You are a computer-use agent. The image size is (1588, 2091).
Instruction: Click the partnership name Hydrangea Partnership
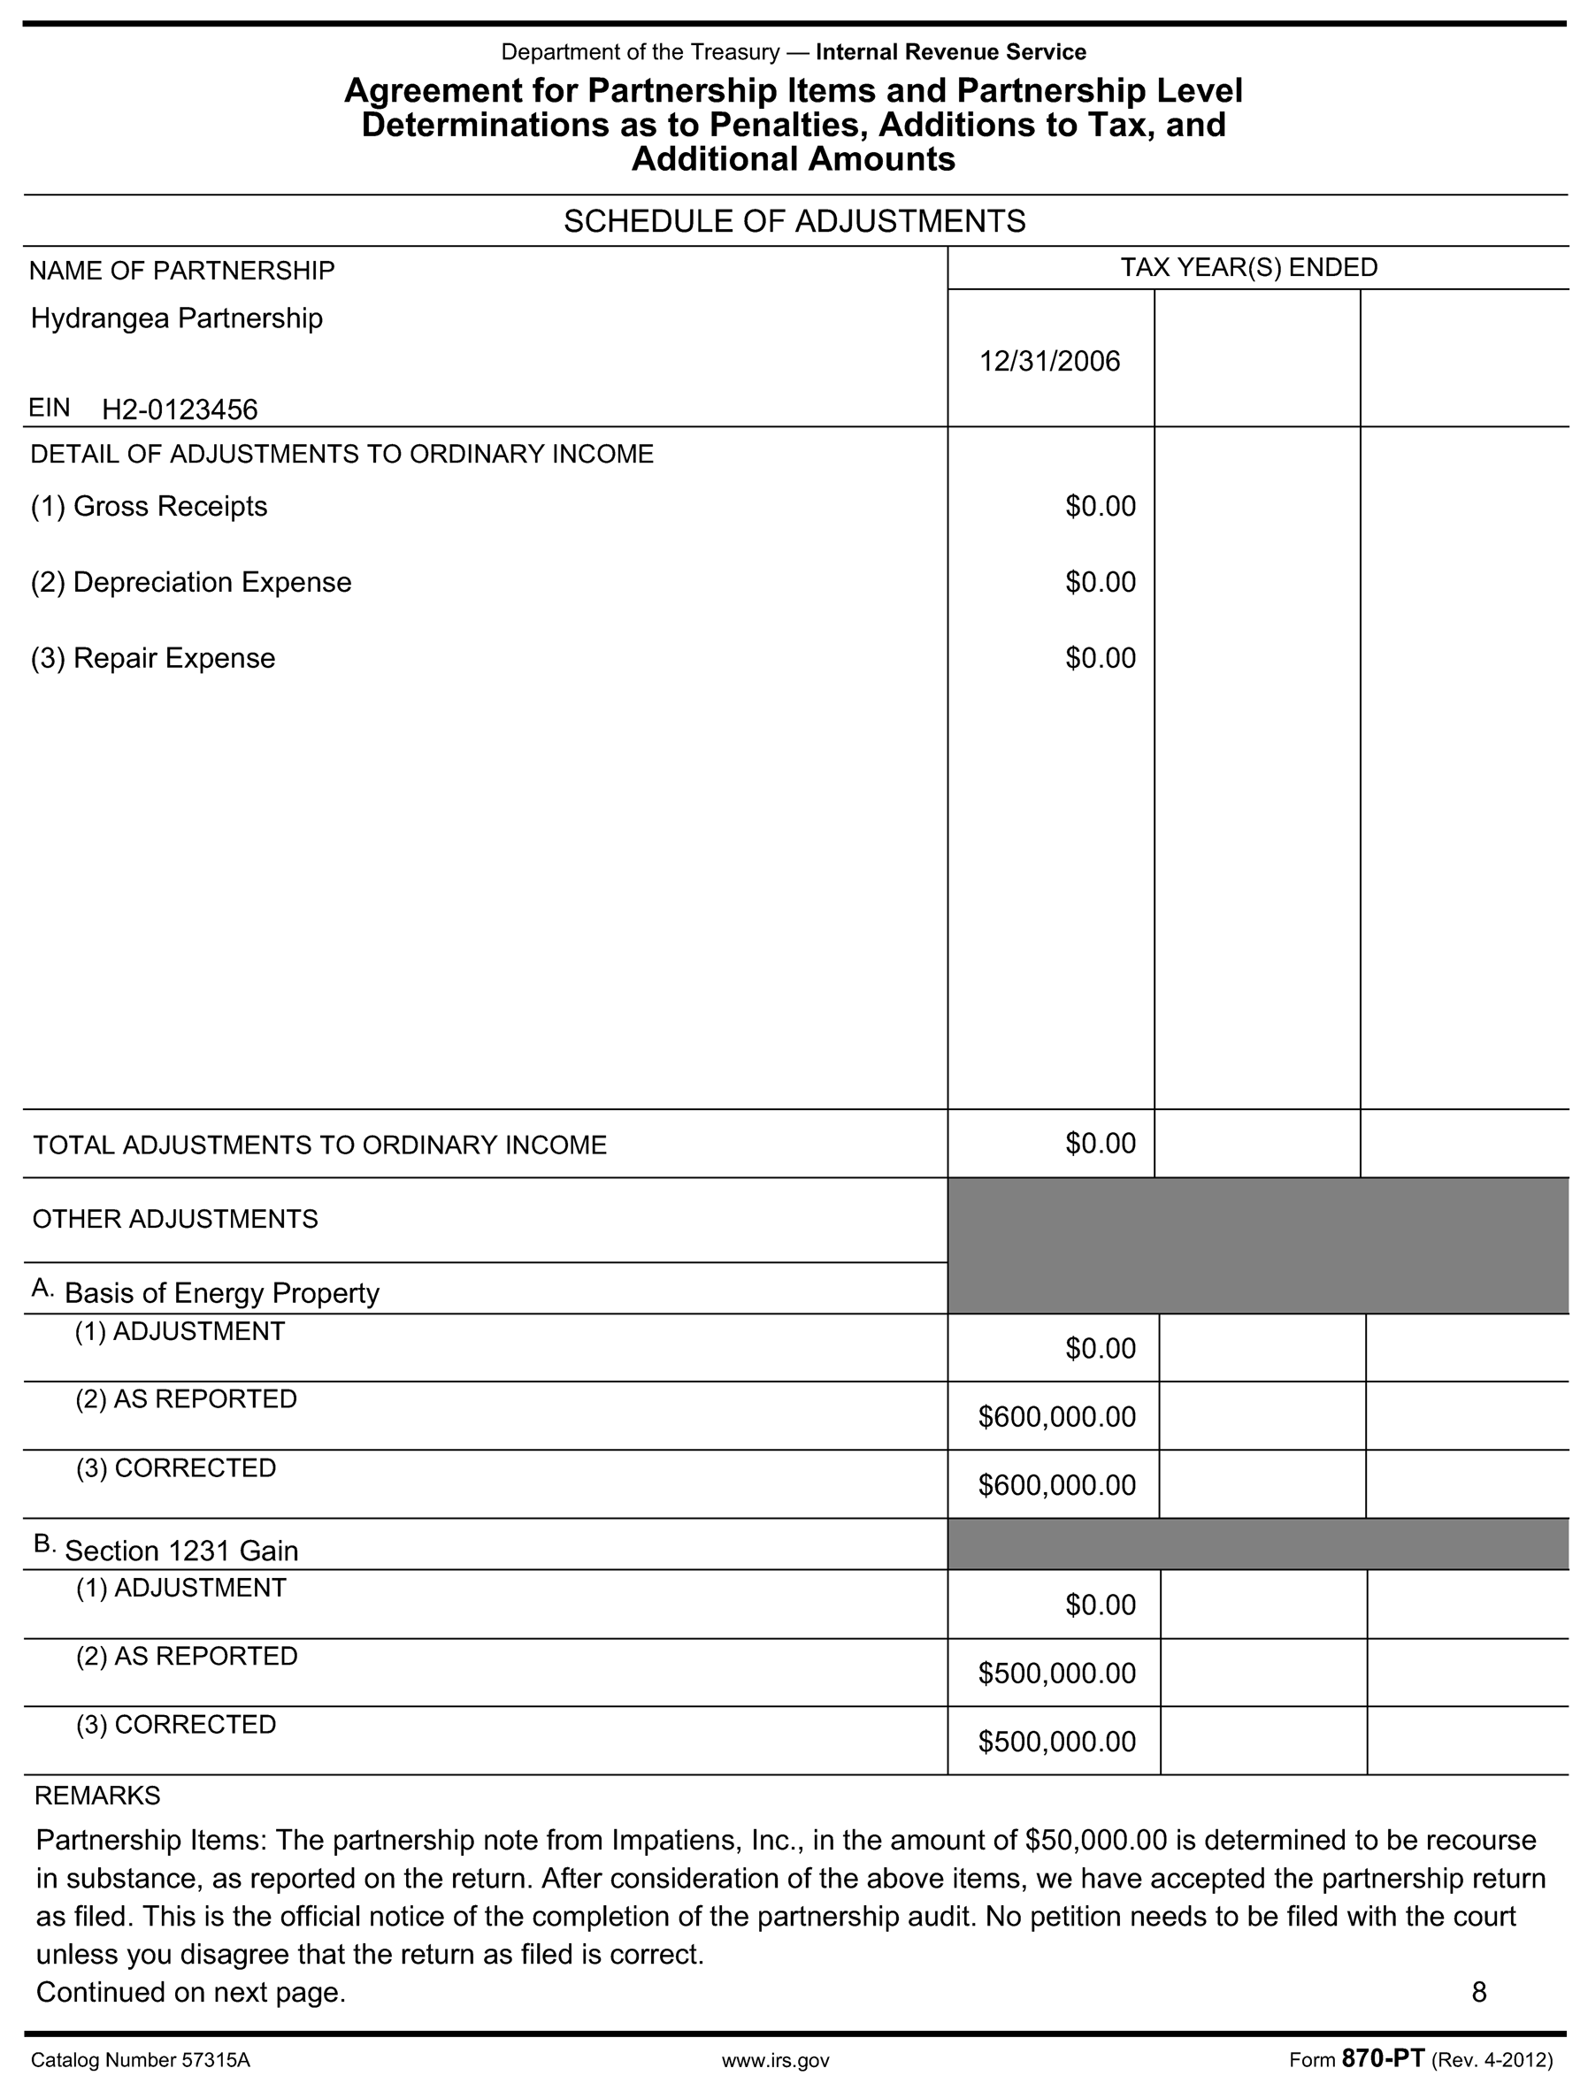[x=177, y=318]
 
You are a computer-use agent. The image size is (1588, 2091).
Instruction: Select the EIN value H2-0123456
[x=180, y=410]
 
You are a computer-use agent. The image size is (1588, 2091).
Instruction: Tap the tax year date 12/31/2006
[x=1049, y=361]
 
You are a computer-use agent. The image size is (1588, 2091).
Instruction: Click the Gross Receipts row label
[x=150, y=507]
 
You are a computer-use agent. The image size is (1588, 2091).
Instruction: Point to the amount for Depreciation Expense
[x=1101, y=582]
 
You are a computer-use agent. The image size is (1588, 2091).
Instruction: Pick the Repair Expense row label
[x=153, y=658]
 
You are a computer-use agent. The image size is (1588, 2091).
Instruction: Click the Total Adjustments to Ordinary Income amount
[x=1101, y=1144]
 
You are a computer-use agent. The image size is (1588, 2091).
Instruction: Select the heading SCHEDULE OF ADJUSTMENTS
[x=794, y=221]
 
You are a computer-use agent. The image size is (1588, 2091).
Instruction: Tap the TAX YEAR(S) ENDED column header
[x=1248, y=267]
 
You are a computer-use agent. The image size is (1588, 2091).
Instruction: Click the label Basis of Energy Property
[x=221, y=1293]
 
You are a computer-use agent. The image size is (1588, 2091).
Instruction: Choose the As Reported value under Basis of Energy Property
[x=1057, y=1417]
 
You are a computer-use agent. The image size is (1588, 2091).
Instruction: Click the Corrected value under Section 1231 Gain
[x=1057, y=1742]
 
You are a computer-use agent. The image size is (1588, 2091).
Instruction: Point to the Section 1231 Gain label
[x=181, y=1551]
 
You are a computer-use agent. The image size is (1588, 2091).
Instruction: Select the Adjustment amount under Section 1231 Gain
[x=1101, y=1605]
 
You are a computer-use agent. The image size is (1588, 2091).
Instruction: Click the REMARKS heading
[x=97, y=1796]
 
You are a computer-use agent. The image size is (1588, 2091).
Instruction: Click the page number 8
[x=1479, y=1993]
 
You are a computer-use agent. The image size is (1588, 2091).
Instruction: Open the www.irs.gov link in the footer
[x=775, y=2061]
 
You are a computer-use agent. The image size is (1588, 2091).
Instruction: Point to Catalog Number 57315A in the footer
[x=141, y=2061]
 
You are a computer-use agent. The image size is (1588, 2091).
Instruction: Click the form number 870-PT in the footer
[x=1382, y=2060]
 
